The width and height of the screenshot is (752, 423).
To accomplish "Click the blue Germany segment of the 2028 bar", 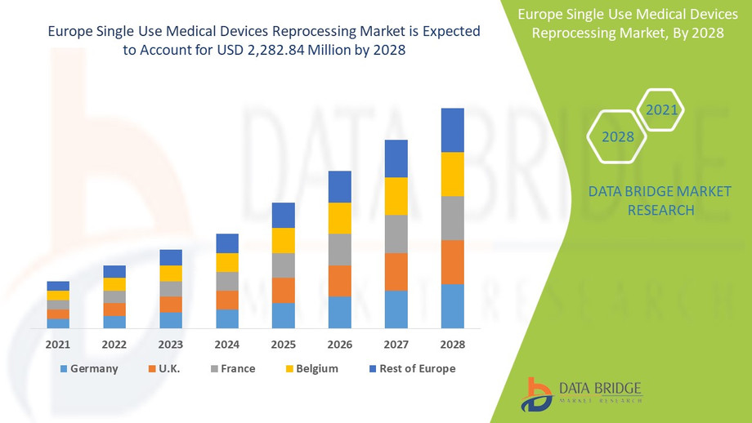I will click(x=452, y=306).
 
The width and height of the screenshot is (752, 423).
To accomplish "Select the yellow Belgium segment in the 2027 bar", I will click(x=396, y=196).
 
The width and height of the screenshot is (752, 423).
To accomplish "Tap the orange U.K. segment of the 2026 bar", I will click(x=339, y=281).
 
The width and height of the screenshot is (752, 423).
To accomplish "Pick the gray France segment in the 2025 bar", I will click(x=283, y=265).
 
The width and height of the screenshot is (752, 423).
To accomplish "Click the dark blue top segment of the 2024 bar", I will click(x=227, y=243).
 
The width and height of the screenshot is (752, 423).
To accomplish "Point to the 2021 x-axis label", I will click(x=58, y=345).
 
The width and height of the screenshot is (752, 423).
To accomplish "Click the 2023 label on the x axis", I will click(x=171, y=345).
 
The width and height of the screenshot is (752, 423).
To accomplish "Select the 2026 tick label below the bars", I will click(x=339, y=345).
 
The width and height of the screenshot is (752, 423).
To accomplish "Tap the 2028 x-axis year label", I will click(x=452, y=345).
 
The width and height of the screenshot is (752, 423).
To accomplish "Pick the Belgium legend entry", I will click(x=310, y=368).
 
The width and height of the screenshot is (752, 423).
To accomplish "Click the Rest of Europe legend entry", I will click(x=408, y=368).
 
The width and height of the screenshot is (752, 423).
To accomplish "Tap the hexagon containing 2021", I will click(x=660, y=109).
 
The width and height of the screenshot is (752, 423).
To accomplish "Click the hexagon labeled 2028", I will click(x=618, y=136).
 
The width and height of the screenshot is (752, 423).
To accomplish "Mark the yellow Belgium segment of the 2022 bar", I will click(x=114, y=284).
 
